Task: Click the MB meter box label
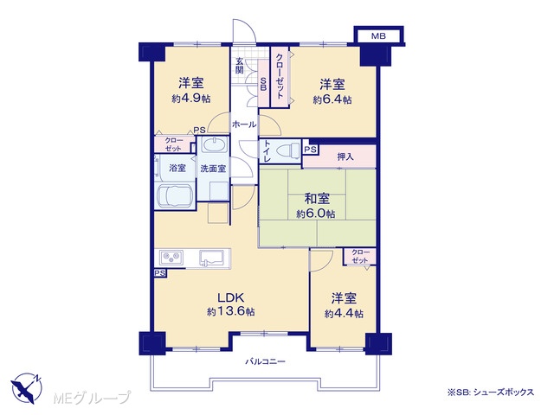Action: pyautogui.click(x=378, y=36)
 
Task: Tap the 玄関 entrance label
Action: pyautogui.click(x=240, y=65)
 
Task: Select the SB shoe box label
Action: pyautogui.click(x=263, y=84)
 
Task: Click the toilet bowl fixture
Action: pyautogui.click(x=287, y=151)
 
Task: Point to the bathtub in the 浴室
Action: pyautogui.click(x=175, y=196)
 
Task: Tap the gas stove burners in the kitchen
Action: pyautogui.click(x=171, y=258)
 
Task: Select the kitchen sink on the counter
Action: pyautogui.click(x=211, y=258)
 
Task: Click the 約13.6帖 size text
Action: pyautogui.click(x=231, y=311)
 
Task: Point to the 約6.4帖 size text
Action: pyautogui.click(x=332, y=99)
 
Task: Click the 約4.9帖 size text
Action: pyautogui.click(x=191, y=99)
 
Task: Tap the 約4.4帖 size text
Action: pyautogui.click(x=344, y=313)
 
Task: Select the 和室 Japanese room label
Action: pyautogui.click(x=317, y=198)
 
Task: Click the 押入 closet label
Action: pyautogui.click(x=345, y=156)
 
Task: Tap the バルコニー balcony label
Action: pyautogui.click(x=266, y=361)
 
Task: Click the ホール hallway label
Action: pyautogui.click(x=244, y=124)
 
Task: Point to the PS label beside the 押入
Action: pyautogui.click(x=310, y=150)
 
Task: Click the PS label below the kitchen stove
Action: pyautogui.click(x=159, y=273)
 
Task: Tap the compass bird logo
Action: pyautogui.click(x=26, y=388)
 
